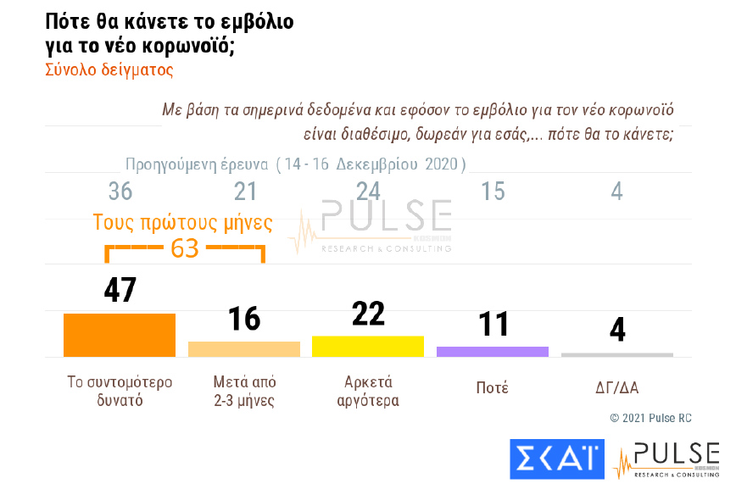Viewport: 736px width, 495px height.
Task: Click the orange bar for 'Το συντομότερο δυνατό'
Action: pos(120,335)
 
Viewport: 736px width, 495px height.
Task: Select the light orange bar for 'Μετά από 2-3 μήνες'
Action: pos(244,348)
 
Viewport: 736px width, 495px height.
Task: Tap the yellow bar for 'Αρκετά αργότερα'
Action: pos(368,346)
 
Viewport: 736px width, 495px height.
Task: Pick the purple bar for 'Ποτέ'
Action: pos(493,351)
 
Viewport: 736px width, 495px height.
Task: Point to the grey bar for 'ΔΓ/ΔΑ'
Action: pos(616,354)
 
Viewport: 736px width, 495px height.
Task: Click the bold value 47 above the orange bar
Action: pos(120,290)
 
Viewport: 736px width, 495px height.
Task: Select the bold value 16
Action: pos(244,320)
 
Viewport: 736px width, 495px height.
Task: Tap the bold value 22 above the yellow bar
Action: pos(368,314)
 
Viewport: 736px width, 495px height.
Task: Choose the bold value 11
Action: pos(493,324)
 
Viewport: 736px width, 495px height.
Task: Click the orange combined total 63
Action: pos(184,248)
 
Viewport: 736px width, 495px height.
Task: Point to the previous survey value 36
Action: pos(120,192)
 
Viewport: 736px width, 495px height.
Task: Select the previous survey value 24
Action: pos(368,192)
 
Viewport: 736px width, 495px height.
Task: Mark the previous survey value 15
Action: pos(493,192)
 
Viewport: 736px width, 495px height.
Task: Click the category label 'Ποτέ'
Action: pos(493,388)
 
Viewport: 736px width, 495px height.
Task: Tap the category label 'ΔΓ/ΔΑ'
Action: pos(616,388)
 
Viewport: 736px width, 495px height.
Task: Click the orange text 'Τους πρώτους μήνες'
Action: pos(182,224)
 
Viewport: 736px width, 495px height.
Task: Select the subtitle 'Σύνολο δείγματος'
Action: pos(109,70)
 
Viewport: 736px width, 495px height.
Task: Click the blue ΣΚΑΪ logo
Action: pos(556,459)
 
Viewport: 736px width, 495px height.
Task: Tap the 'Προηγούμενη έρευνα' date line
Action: pos(295,164)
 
